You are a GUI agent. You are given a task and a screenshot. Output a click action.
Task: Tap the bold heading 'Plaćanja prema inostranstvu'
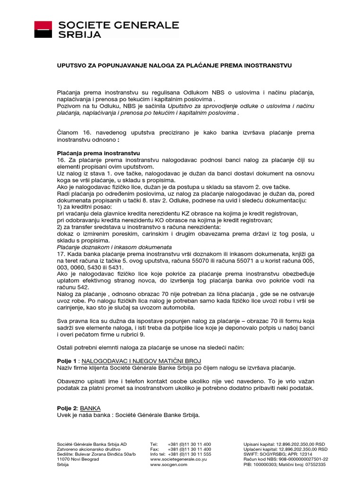click(x=98, y=154)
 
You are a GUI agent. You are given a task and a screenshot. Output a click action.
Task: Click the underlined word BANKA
click(x=90, y=408)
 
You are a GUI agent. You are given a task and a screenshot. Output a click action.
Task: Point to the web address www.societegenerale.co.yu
click(x=180, y=459)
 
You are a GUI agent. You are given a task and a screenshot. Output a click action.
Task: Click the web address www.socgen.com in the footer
click(x=169, y=465)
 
